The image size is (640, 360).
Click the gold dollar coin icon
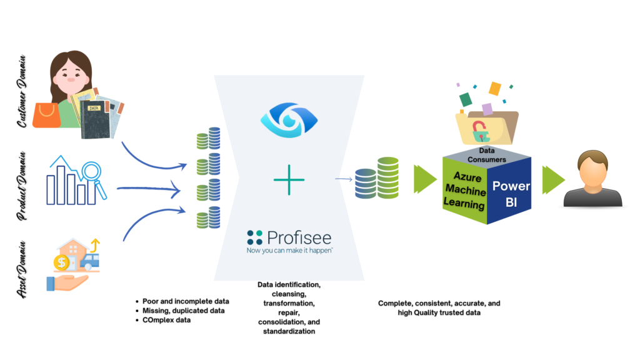coord(62,262)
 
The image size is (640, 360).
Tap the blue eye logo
coord(289,119)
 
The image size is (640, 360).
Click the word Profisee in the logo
coord(299,237)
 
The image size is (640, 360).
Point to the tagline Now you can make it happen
coord(289,249)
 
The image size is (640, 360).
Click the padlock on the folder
coord(480,131)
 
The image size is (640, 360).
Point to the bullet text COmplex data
coord(167,320)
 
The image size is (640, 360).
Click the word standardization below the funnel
coord(289,331)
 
